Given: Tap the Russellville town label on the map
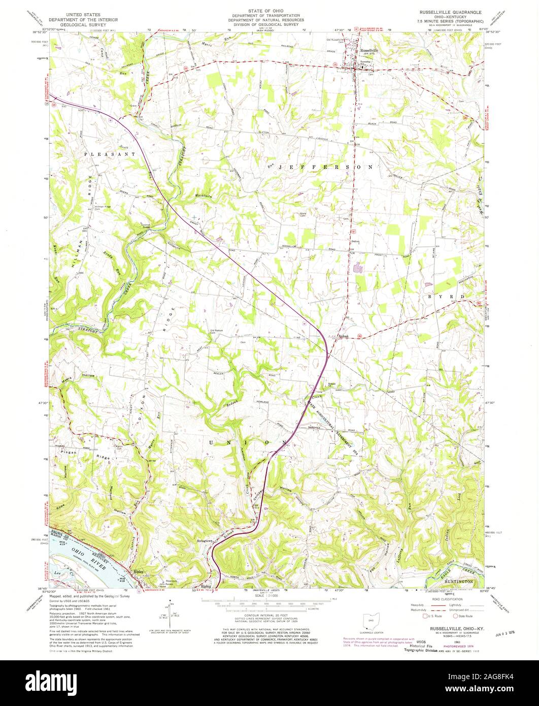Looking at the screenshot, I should (x=369, y=51).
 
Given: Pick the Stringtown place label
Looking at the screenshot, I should (x=208, y=541).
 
